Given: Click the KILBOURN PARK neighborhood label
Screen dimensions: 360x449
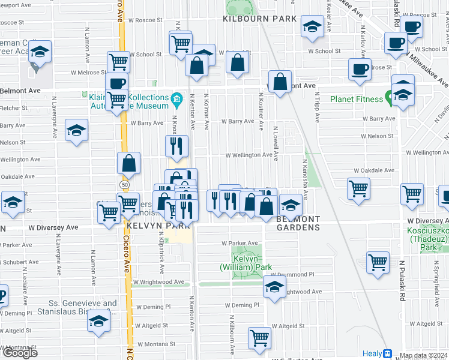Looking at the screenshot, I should tap(259, 19).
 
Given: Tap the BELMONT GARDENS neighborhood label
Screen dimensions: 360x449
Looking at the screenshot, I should tap(298, 223).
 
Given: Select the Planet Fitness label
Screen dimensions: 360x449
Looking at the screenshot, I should tap(356, 99).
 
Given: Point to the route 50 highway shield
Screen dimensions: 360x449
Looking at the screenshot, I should tap(124, 185).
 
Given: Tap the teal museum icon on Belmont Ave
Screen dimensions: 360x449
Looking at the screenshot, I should tap(176, 98).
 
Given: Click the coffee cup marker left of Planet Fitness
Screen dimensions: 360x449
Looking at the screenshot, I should tap(360, 70).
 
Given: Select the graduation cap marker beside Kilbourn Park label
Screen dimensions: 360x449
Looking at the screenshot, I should tap(312, 28).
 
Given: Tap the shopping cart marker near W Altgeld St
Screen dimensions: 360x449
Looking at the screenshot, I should tap(260, 338).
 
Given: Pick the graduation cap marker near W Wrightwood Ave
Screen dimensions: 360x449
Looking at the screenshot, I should tap(274, 287).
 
